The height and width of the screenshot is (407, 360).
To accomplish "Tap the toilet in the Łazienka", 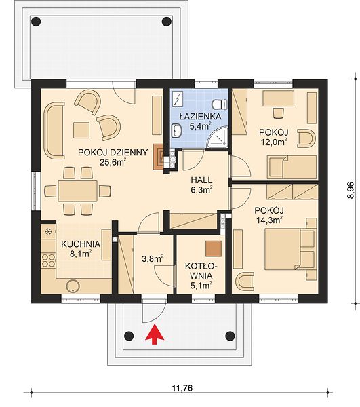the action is click(220, 104).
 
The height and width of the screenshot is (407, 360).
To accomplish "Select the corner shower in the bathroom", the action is click(218, 137).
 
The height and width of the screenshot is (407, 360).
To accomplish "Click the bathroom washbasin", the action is click(177, 130).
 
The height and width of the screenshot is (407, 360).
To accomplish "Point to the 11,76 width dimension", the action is click(182, 388).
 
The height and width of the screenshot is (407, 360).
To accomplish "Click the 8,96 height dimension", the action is click(351, 190).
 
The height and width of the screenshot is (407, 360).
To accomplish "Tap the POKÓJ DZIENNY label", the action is click(113, 152).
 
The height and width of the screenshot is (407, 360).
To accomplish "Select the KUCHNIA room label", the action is click(81, 244).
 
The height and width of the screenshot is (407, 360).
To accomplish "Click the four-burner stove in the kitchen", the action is click(49, 260).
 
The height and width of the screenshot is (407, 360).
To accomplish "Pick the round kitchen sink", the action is click(73, 286).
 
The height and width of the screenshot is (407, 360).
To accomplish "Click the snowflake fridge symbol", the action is click(48, 231).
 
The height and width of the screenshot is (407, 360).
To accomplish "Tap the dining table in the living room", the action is click(78, 191).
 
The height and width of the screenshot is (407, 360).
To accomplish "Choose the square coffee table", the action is click(81, 130).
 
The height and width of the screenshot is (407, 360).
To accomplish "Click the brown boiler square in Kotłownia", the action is click(214, 249).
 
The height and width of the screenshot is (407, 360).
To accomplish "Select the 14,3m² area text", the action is click(269, 220).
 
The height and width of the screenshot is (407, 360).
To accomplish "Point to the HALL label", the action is click(201, 180).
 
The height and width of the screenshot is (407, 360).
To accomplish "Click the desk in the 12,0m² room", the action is click(279, 98).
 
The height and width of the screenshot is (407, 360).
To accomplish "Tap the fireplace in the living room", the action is click(158, 157).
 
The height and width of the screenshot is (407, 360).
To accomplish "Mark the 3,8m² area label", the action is click(153, 258).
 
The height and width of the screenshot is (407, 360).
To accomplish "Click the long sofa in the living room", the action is click(54, 130).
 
